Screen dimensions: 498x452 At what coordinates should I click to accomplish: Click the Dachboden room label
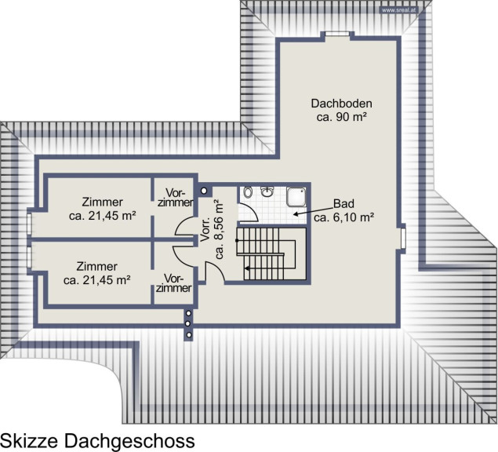341,104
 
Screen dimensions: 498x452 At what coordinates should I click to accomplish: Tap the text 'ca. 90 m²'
342,117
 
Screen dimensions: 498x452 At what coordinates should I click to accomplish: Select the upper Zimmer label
102,202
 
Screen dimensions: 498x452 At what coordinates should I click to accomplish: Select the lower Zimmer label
97,266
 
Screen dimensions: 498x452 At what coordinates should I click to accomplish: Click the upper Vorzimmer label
176,198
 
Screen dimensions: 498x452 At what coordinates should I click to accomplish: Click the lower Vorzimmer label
174,283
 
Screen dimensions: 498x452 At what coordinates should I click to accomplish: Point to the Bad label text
344,203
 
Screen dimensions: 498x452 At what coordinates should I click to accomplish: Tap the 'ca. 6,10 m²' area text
344,217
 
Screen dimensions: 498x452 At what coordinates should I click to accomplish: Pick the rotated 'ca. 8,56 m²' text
220,229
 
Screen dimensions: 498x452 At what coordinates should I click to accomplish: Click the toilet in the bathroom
248,192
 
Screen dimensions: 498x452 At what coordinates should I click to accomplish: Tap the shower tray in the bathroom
296,196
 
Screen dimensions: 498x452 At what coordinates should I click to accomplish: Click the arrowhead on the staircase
246,268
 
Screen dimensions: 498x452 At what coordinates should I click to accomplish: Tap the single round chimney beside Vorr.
204,191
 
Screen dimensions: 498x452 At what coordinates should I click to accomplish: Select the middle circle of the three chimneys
189,324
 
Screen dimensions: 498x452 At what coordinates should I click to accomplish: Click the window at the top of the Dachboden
337,34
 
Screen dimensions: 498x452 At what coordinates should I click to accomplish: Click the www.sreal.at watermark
398,10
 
